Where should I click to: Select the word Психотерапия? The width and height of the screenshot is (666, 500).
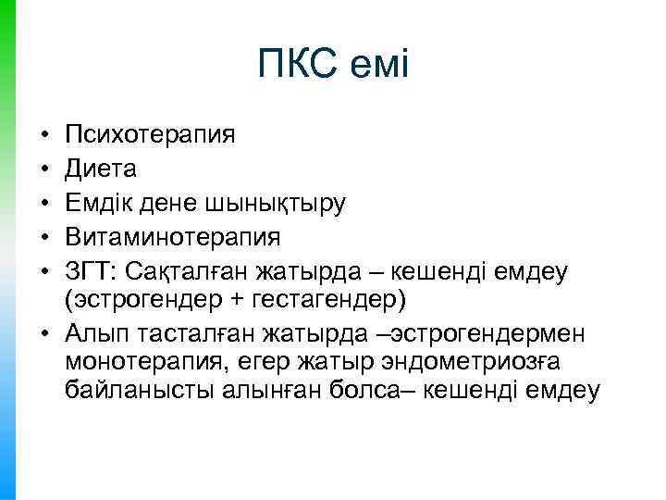[150, 135]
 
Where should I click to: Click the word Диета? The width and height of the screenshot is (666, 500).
[100, 169]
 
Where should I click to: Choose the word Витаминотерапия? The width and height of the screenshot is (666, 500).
[172, 235]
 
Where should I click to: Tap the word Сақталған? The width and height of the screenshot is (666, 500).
[188, 269]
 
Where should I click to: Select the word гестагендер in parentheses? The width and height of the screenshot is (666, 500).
[324, 299]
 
